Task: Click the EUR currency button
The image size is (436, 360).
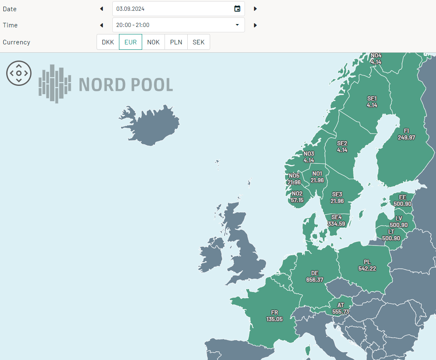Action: (131, 42)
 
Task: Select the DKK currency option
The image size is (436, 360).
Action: (108, 42)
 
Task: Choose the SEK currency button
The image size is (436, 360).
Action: (199, 42)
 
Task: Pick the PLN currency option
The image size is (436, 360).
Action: (176, 42)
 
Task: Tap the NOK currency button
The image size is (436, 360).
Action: (153, 42)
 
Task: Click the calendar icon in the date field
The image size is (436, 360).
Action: (237, 9)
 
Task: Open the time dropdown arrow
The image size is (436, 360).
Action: (237, 25)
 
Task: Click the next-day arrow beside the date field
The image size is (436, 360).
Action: (255, 9)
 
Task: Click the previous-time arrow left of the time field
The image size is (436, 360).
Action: (102, 25)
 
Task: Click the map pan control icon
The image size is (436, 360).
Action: (19, 73)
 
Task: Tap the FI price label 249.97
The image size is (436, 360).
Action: (406, 137)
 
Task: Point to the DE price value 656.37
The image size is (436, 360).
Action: (315, 280)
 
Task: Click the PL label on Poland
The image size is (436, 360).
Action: (367, 262)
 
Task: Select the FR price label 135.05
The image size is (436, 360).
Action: (274, 319)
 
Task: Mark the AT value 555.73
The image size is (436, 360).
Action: (341, 311)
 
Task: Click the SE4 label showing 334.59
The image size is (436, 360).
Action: (336, 224)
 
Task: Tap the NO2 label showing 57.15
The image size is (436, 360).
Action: (297, 200)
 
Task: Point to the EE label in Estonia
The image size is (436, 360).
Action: (402, 197)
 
